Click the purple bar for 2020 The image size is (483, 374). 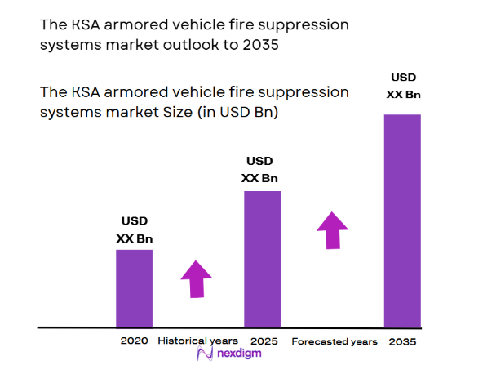click(134, 287)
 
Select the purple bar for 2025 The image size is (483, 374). click(262, 259)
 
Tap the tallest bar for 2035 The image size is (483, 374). click(402, 220)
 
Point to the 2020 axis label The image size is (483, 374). click(134, 341)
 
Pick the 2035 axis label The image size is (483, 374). click(404, 341)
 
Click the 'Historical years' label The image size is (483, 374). click(197, 341)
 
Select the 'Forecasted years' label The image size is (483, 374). click(335, 341)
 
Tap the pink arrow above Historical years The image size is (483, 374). click(196, 279)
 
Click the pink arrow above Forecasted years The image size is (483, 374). click(332, 230)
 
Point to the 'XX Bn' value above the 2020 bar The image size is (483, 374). click(135, 238)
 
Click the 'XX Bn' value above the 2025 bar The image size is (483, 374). click(259, 179)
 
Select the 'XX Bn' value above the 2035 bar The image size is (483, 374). click(403, 95)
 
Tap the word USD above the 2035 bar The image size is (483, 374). click(403, 78)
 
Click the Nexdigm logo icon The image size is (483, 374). click(205, 356)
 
